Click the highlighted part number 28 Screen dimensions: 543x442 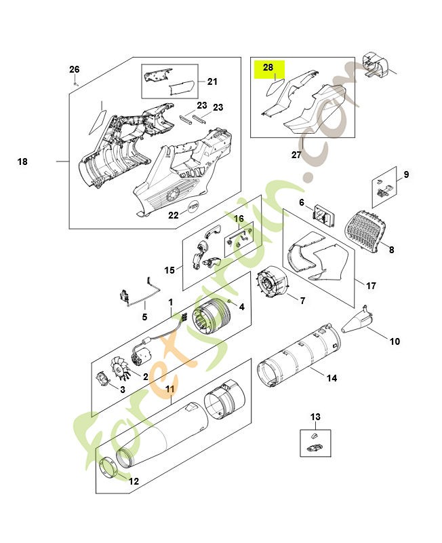(268, 68)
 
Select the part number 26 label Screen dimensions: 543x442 (75, 69)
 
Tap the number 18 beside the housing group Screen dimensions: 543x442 (22, 162)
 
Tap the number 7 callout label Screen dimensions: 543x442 (302, 300)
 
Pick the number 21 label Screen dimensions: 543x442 (212, 82)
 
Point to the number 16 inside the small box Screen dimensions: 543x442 (239, 219)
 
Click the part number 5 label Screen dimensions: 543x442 (144, 316)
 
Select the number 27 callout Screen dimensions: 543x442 (296, 155)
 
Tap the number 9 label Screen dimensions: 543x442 (406, 175)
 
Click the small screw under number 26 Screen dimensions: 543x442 (77, 83)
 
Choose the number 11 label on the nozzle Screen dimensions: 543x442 (170, 390)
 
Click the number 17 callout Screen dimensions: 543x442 (371, 286)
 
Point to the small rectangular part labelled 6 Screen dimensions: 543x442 (323, 216)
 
